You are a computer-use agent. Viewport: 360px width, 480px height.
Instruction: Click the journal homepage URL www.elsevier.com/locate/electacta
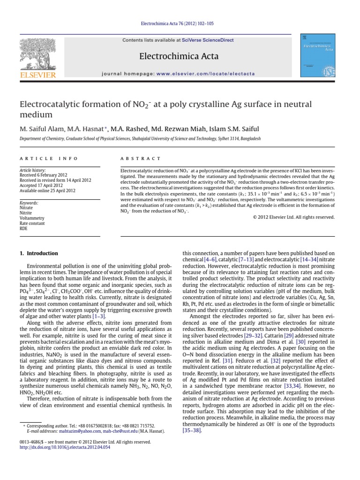point(210,74)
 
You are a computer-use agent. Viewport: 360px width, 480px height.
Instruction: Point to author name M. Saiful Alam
point(40,129)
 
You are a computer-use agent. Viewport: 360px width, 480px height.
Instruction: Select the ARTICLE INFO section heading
point(42,159)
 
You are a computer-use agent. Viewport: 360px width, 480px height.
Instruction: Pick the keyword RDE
point(23,229)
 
